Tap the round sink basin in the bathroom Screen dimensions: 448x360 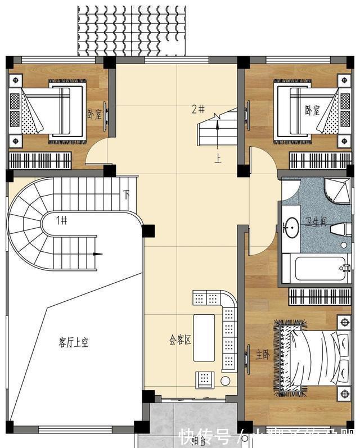tap(291, 227)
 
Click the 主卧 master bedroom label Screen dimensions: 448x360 tap(262, 355)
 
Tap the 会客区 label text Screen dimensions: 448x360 tap(180, 340)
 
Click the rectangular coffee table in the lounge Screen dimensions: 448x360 tap(204, 337)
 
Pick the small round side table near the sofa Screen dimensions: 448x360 tap(225, 381)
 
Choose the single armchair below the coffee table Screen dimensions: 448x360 tap(203, 379)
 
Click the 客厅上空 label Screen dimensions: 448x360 tap(73, 342)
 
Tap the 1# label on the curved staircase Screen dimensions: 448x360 tap(61, 220)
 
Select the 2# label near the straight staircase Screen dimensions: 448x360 tap(197, 109)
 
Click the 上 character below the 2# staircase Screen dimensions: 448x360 tap(218, 159)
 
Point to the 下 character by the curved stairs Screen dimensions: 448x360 tap(127, 195)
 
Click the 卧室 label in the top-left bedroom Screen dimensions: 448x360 tap(94, 114)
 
